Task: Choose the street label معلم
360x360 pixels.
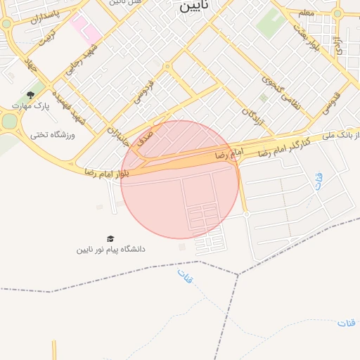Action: [x=306, y=13]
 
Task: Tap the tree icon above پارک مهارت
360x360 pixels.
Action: [x=30, y=94]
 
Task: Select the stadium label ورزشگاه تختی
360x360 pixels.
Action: [x=53, y=134]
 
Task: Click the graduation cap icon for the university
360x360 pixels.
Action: [x=110, y=239]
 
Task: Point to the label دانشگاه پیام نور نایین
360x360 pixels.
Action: [x=111, y=250]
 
